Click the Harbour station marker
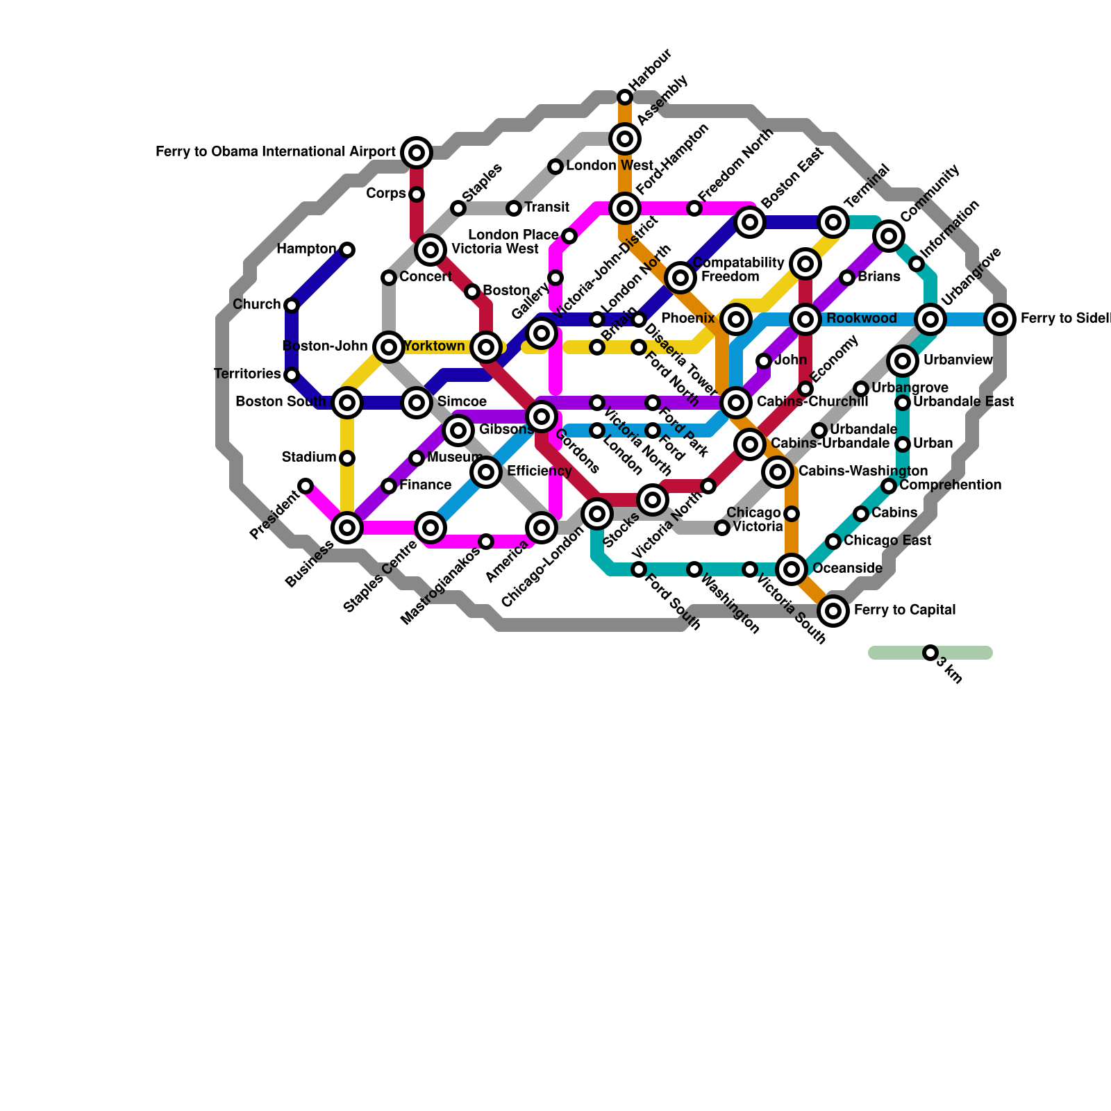[625, 97]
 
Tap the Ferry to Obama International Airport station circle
[417, 153]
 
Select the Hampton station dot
[347, 250]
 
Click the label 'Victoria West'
[494, 249]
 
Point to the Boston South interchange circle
[347, 403]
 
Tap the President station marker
[306, 486]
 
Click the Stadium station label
[309, 458]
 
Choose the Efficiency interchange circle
[486, 472]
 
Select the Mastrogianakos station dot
[486, 542]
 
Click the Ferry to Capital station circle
[833, 611]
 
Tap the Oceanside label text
[847, 569]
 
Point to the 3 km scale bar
[930, 653]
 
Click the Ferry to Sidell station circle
[1000, 319]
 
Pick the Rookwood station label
[862, 319]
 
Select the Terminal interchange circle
[833, 222]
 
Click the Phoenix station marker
[736, 319]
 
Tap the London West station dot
[555, 167]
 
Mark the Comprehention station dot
[889, 486]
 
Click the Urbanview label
[958, 360]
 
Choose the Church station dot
[292, 306]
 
